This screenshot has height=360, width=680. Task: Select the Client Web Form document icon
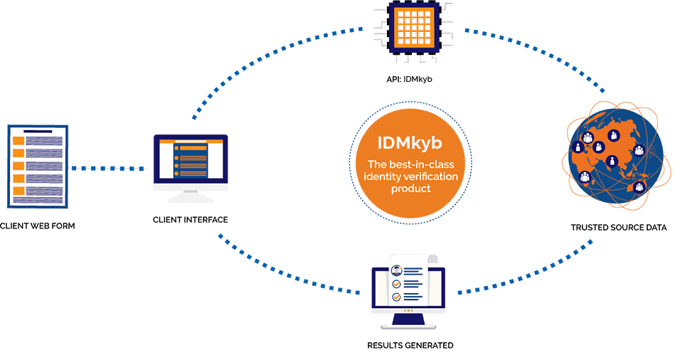click(37, 164)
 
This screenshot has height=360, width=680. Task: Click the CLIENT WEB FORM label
click(37, 226)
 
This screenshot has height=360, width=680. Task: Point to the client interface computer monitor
click(191, 159)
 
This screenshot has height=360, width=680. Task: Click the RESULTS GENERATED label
click(410, 346)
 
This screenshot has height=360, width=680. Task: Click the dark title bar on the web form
click(37, 131)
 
